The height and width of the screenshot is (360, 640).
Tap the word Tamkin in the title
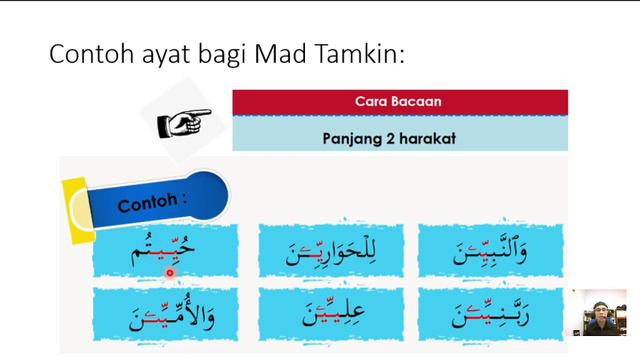pos(365,55)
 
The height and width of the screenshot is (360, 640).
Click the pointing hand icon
pos(184,122)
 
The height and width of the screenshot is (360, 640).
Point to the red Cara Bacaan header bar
pos(400,102)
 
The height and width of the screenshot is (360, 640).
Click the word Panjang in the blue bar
pos(354,138)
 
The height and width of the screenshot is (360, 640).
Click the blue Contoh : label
pos(155,203)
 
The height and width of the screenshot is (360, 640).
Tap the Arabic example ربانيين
pos(489,314)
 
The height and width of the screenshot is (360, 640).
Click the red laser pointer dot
pos(170,271)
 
